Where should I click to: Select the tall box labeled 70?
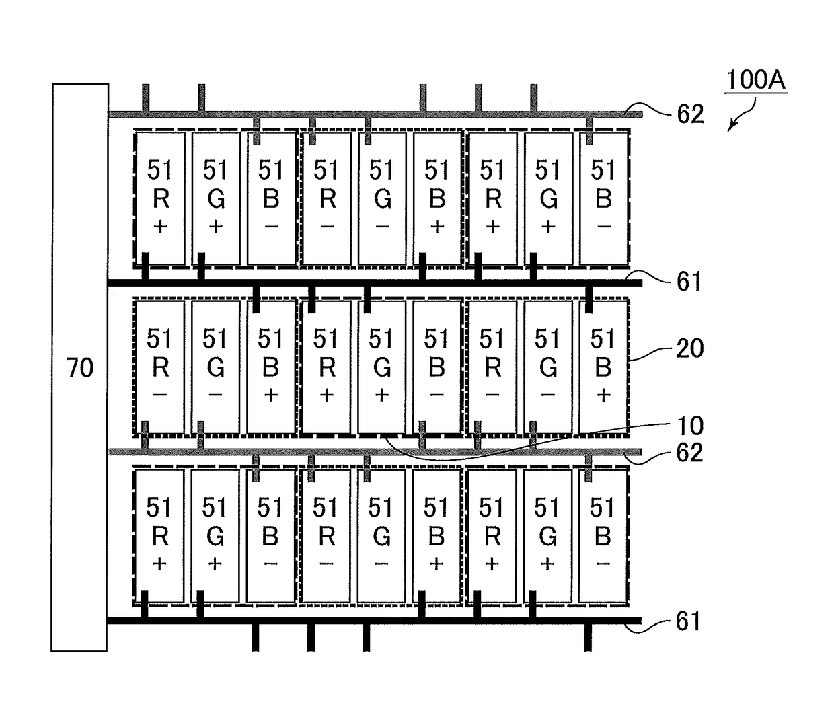[80, 367]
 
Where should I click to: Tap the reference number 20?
[689, 348]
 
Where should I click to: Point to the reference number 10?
[690, 426]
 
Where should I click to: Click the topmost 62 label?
[690, 114]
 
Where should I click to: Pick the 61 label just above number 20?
[689, 281]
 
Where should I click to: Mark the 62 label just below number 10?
[690, 452]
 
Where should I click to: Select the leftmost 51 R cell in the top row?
[160, 198]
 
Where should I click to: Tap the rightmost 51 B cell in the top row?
[603, 198]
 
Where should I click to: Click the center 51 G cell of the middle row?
[382, 367]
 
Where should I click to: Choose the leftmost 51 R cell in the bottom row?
[159, 536]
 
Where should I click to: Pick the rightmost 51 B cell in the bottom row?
[603, 536]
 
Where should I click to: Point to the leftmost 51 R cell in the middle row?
[160, 367]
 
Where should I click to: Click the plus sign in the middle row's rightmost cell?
[603, 395]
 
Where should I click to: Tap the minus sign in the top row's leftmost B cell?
[271, 227]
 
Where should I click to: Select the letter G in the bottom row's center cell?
[381, 537]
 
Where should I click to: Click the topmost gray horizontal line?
[376, 114]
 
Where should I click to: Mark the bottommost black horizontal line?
[375, 621]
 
